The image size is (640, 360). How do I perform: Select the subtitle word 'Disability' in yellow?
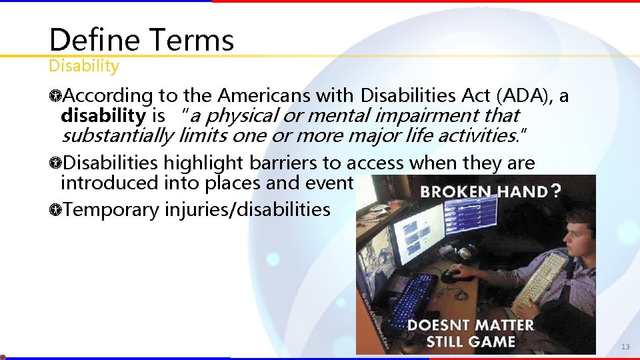pos(84,66)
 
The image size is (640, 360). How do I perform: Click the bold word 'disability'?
pos(103,115)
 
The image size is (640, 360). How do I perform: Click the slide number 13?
pos(625,347)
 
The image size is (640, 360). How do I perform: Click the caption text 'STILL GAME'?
pos(471,341)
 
